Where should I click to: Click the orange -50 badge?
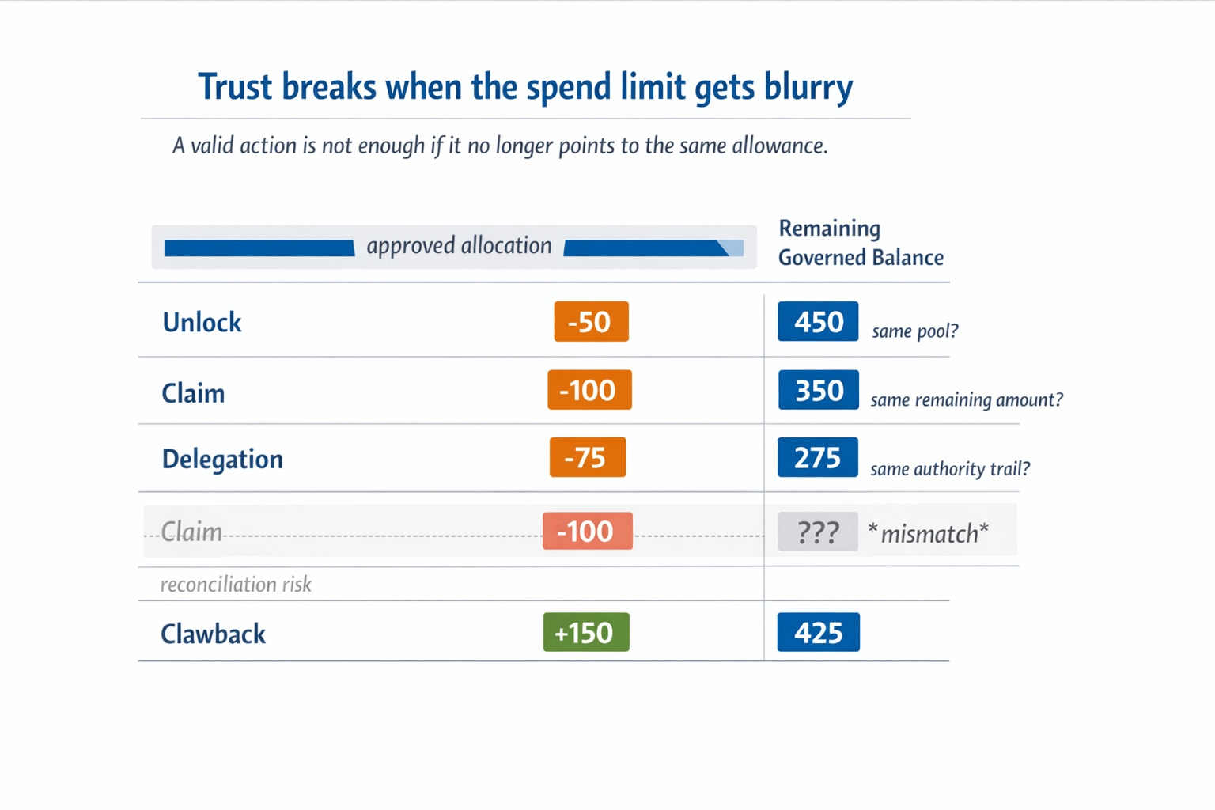(x=591, y=322)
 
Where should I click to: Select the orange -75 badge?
(x=587, y=458)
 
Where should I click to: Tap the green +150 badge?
(x=585, y=633)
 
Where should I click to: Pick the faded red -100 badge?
(x=587, y=532)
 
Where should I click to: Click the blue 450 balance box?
(x=818, y=322)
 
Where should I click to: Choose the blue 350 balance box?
(x=818, y=390)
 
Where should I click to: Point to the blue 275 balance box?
(x=817, y=458)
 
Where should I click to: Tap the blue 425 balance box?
(x=818, y=633)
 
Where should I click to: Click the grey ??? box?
(x=817, y=532)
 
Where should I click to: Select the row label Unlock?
(x=202, y=323)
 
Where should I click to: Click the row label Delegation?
(x=222, y=460)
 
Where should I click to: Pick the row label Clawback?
(x=213, y=634)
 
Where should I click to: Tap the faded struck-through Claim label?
(x=191, y=532)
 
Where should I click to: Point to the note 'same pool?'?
(x=914, y=331)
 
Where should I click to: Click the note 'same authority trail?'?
(x=949, y=469)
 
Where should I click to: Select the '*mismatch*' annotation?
(x=928, y=534)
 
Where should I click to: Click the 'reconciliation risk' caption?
(x=236, y=585)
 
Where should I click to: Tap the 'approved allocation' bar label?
(x=459, y=246)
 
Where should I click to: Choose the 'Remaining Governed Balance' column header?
(x=860, y=243)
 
